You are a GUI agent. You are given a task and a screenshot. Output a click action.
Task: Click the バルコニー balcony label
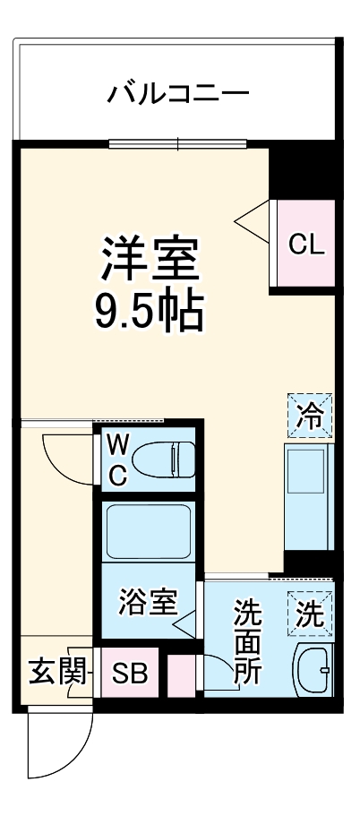point(178,93)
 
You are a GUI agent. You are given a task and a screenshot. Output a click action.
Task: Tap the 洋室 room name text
point(149,259)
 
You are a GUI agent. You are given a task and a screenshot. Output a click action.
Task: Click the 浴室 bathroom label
point(147,602)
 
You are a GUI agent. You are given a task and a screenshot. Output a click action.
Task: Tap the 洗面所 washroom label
point(248,643)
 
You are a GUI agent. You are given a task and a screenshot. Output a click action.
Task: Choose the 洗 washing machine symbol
point(310,614)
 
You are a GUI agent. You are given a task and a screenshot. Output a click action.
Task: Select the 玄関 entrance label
point(50,671)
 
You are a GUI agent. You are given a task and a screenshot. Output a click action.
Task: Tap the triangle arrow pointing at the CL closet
point(253,217)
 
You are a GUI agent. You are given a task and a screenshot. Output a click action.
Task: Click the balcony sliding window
point(177,142)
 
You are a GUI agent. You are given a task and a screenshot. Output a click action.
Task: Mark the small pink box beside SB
point(180,673)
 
